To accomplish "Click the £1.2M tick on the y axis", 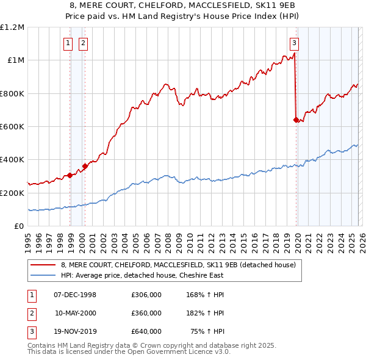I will [12, 27].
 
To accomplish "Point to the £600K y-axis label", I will [12, 126].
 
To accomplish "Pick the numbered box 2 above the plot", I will [82, 43].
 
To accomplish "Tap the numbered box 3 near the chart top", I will [294, 43].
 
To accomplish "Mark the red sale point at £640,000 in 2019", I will [296, 120].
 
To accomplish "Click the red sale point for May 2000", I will [85, 166].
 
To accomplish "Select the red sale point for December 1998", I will [70, 175].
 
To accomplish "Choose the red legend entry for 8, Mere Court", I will [178, 265].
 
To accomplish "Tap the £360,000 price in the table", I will [146, 313].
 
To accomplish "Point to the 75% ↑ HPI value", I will [209, 331].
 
